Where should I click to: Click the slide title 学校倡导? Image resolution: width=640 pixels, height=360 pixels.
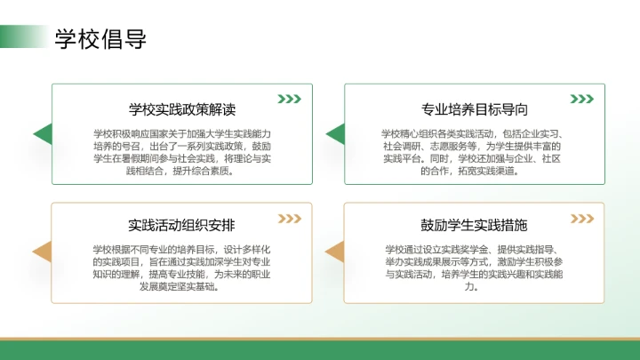(100, 39)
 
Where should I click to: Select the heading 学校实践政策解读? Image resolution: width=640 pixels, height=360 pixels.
(181, 109)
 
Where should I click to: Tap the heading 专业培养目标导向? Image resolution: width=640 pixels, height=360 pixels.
(474, 109)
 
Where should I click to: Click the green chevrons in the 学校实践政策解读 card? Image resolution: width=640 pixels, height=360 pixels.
(289, 99)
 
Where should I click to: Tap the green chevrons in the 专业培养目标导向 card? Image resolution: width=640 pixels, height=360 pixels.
(581, 99)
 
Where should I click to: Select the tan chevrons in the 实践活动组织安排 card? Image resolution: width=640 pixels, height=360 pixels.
(289, 218)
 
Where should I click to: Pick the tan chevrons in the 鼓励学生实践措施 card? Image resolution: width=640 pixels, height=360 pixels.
(581, 218)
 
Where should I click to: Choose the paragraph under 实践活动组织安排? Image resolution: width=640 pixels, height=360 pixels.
(181, 268)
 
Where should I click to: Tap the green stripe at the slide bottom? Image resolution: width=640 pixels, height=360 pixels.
(320, 351)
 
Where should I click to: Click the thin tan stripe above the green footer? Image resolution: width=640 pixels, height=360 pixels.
(320, 339)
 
